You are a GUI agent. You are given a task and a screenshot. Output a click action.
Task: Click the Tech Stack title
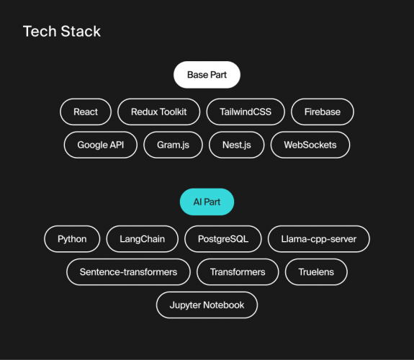pos(62,32)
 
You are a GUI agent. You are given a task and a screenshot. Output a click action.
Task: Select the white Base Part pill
pos(207,75)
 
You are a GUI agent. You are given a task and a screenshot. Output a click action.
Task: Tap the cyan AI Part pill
pos(207,202)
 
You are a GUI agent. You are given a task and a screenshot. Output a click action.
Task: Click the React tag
pos(86,112)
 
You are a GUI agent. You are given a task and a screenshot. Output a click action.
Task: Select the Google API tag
pos(101,145)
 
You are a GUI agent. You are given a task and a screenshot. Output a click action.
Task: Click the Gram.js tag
pos(173,145)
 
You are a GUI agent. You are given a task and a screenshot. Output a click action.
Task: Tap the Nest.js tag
pos(236,145)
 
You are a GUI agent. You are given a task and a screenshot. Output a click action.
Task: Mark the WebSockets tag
pos(310,145)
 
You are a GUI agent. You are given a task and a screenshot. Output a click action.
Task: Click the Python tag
pos(72,239)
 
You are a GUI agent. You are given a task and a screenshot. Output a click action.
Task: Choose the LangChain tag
pos(143,239)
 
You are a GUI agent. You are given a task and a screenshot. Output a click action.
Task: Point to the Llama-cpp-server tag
pos(318,239)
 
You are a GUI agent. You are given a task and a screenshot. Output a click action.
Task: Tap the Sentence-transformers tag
pos(129,272)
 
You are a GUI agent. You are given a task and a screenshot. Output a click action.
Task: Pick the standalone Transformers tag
pos(238,272)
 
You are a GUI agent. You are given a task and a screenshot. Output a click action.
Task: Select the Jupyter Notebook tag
pos(207,305)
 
